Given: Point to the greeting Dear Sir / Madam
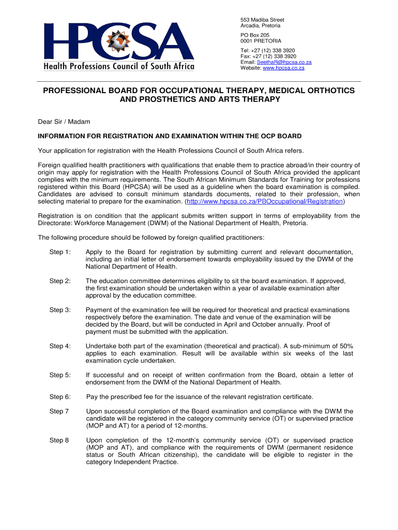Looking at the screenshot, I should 64,122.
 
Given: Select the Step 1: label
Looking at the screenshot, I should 60,252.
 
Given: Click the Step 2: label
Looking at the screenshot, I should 60,281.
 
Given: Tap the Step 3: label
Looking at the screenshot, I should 60,310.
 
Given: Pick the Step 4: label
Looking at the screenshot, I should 60,346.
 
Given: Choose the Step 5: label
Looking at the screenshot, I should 60,375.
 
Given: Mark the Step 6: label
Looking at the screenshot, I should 60,397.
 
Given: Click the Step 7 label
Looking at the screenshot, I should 59,411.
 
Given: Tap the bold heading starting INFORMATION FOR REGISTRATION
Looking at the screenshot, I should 170,137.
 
